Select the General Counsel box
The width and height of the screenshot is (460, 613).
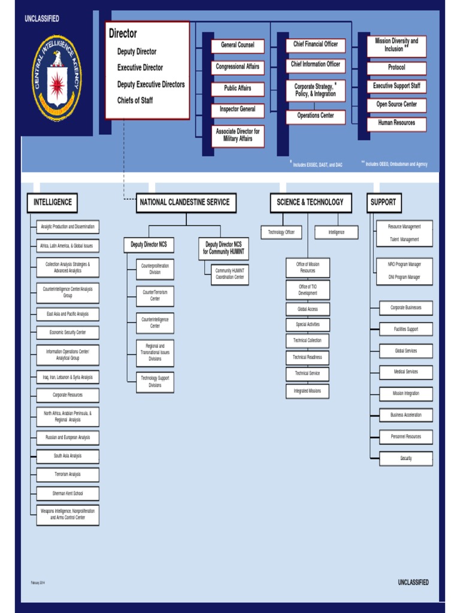(238, 45)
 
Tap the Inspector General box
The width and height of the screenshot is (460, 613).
(238, 110)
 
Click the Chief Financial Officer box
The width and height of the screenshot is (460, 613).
(316, 44)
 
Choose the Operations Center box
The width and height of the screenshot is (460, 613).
(316, 116)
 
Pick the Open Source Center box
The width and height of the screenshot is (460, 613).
(397, 105)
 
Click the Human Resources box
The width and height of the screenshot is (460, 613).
(397, 123)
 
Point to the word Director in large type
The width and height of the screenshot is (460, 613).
(123, 34)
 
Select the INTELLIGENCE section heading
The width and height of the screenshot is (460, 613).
(53, 202)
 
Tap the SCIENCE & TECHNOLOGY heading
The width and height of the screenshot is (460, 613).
(310, 202)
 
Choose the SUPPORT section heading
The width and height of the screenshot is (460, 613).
(383, 202)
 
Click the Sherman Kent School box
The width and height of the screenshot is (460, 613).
(68, 494)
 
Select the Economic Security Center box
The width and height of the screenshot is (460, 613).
(68, 332)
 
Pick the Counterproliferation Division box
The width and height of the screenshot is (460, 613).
(155, 269)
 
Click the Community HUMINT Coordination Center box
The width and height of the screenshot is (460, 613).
(230, 274)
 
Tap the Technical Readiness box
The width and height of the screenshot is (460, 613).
(307, 357)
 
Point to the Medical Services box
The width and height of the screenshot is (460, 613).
(406, 372)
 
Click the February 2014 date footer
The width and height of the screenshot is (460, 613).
(38, 582)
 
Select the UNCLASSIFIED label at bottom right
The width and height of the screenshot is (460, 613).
(413, 582)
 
